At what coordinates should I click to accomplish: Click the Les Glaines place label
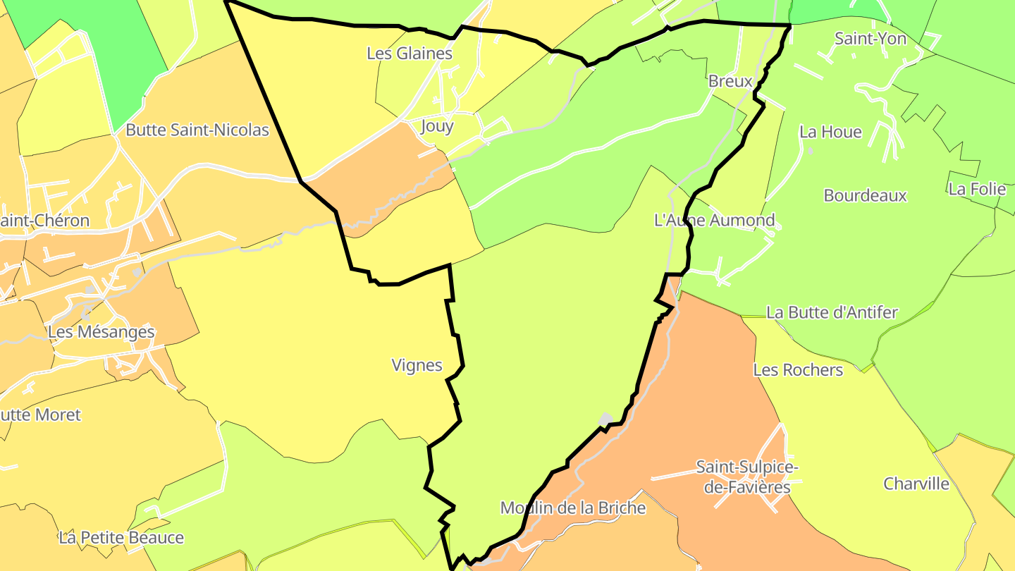point(410,53)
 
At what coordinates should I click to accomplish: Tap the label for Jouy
point(437,126)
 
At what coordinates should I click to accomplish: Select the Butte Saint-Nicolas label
point(197,130)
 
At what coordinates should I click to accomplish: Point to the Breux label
point(730,81)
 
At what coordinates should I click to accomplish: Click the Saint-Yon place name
point(871,39)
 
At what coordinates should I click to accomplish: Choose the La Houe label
point(830,132)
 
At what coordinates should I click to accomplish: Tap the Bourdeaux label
point(865,195)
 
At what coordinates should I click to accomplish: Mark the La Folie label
point(976,189)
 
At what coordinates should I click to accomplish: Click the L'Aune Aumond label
point(715,220)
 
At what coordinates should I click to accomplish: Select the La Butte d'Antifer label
point(832,312)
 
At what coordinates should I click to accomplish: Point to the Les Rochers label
point(798,370)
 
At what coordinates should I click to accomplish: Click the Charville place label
point(916,484)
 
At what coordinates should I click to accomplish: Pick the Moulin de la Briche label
point(573,508)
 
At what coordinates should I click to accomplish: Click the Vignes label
point(417,365)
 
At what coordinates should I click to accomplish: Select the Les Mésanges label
point(101,331)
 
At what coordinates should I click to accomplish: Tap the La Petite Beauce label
point(121,538)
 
